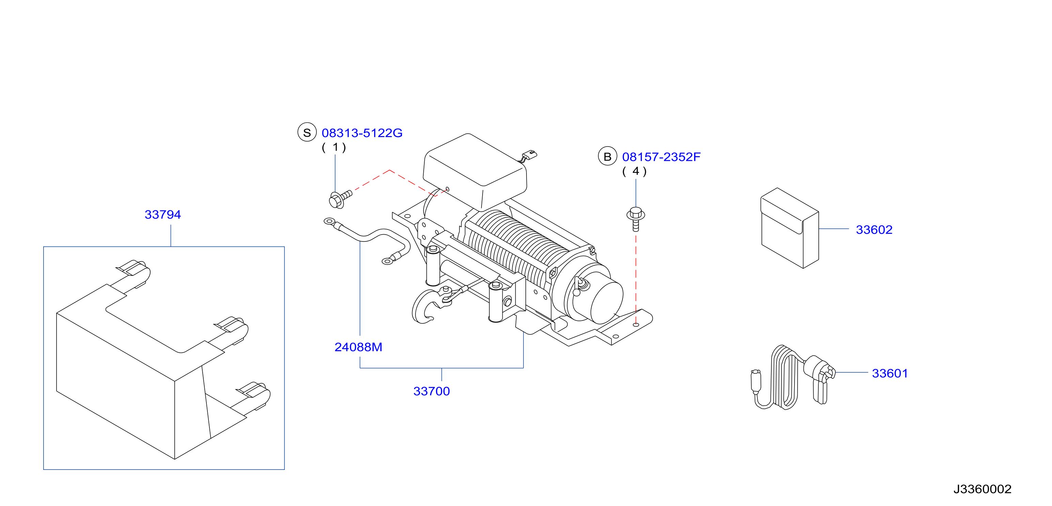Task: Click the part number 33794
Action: coord(162,214)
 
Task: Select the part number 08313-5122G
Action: coord(362,133)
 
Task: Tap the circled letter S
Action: coord(307,132)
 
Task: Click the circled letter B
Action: coord(607,156)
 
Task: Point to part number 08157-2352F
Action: coord(661,157)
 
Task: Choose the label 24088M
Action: coord(358,347)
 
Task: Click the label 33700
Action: coord(431,391)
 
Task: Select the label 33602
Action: coord(874,230)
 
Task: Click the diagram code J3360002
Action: coord(982,489)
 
